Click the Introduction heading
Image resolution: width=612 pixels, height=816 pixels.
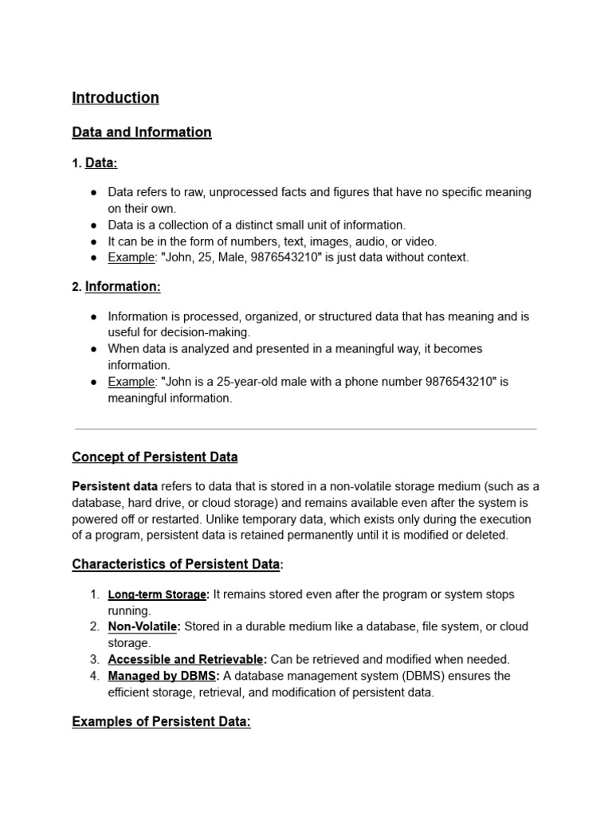(116, 98)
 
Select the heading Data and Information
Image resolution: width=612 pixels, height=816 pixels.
(142, 132)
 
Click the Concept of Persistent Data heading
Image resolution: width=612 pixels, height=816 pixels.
(155, 457)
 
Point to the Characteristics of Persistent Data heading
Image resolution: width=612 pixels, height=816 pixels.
(176, 565)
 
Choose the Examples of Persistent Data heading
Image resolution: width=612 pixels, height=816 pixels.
(161, 722)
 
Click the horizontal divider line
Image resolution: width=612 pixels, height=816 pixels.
(305, 430)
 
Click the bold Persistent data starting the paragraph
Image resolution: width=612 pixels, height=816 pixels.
(115, 487)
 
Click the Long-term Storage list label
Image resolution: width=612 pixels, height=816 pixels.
(158, 594)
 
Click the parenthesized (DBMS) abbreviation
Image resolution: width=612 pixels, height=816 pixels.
(429, 676)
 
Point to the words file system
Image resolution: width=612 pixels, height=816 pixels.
(450, 627)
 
